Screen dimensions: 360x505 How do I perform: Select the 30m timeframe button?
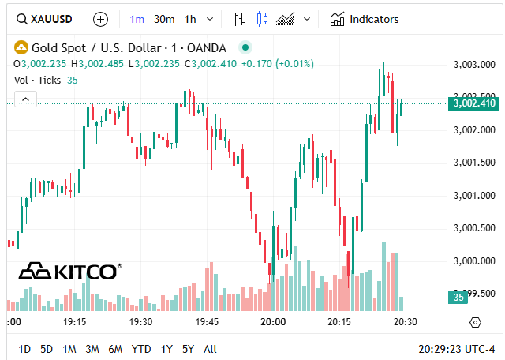click(x=164, y=19)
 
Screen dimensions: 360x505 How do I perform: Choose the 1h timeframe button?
click(x=190, y=19)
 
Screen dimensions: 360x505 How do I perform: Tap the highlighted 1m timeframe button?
click(x=137, y=19)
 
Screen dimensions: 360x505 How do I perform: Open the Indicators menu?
click(x=365, y=19)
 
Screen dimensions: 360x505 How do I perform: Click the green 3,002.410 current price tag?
click(x=473, y=103)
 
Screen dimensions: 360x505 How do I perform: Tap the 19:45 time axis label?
click(x=208, y=322)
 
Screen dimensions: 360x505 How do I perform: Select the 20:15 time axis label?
click(x=339, y=322)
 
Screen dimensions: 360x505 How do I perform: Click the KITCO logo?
click(x=70, y=272)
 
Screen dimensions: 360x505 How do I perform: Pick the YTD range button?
click(x=141, y=348)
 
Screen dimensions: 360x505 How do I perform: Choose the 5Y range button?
click(x=188, y=348)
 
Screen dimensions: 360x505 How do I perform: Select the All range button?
click(x=210, y=348)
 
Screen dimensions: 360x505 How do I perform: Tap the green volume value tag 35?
click(x=458, y=297)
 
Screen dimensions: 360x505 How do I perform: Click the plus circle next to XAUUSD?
click(x=100, y=19)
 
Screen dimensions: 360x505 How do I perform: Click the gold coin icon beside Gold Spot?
click(x=21, y=47)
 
